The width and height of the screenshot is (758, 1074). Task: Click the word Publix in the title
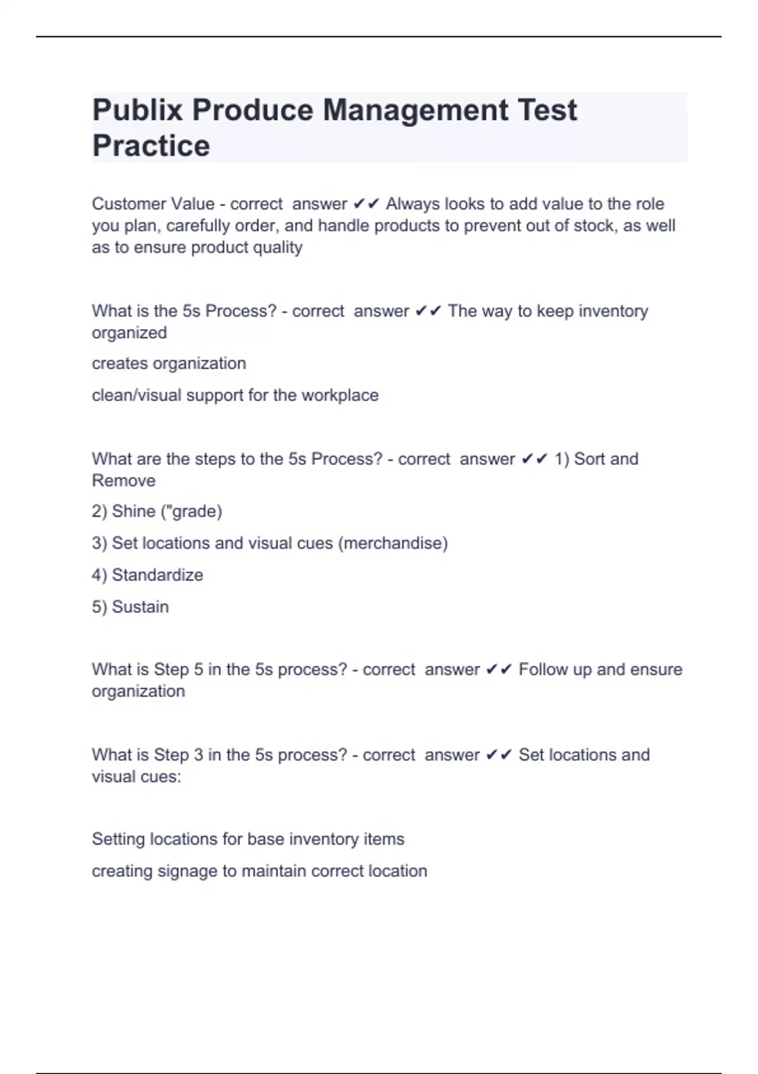click(x=136, y=111)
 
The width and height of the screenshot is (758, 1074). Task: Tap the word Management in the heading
click(x=415, y=111)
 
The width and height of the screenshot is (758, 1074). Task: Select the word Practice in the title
click(x=151, y=146)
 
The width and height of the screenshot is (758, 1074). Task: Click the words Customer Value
click(x=153, y=204)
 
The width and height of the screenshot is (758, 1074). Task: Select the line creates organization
click(x=169, y=363)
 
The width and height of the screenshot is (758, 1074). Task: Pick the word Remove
click(x=124, y=480)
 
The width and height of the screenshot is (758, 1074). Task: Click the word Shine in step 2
click(x=133, y=511)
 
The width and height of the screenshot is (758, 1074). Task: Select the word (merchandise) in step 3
click(x=393, y=543)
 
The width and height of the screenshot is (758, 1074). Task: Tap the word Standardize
click(x=157, y=575)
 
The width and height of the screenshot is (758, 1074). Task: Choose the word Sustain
click(x=140, y=606)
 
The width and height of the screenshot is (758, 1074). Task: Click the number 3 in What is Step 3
click(x=198, y=755)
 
